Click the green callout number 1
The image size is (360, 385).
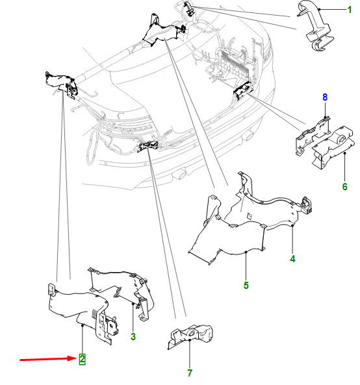349,10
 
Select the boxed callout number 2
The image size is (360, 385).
82,359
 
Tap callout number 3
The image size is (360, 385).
133,336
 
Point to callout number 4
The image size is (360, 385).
292,259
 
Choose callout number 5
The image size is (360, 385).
246,285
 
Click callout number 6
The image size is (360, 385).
344,186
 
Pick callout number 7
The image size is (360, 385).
190,373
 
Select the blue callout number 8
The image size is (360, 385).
325,97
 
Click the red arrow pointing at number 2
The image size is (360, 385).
49,359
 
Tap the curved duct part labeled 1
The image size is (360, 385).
315,27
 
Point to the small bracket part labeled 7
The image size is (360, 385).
190,336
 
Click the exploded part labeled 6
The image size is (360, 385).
333,147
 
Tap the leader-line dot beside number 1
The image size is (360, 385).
320,10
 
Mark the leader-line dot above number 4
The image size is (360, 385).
292,225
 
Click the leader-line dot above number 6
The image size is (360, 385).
344,153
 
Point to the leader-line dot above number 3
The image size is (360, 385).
133,304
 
